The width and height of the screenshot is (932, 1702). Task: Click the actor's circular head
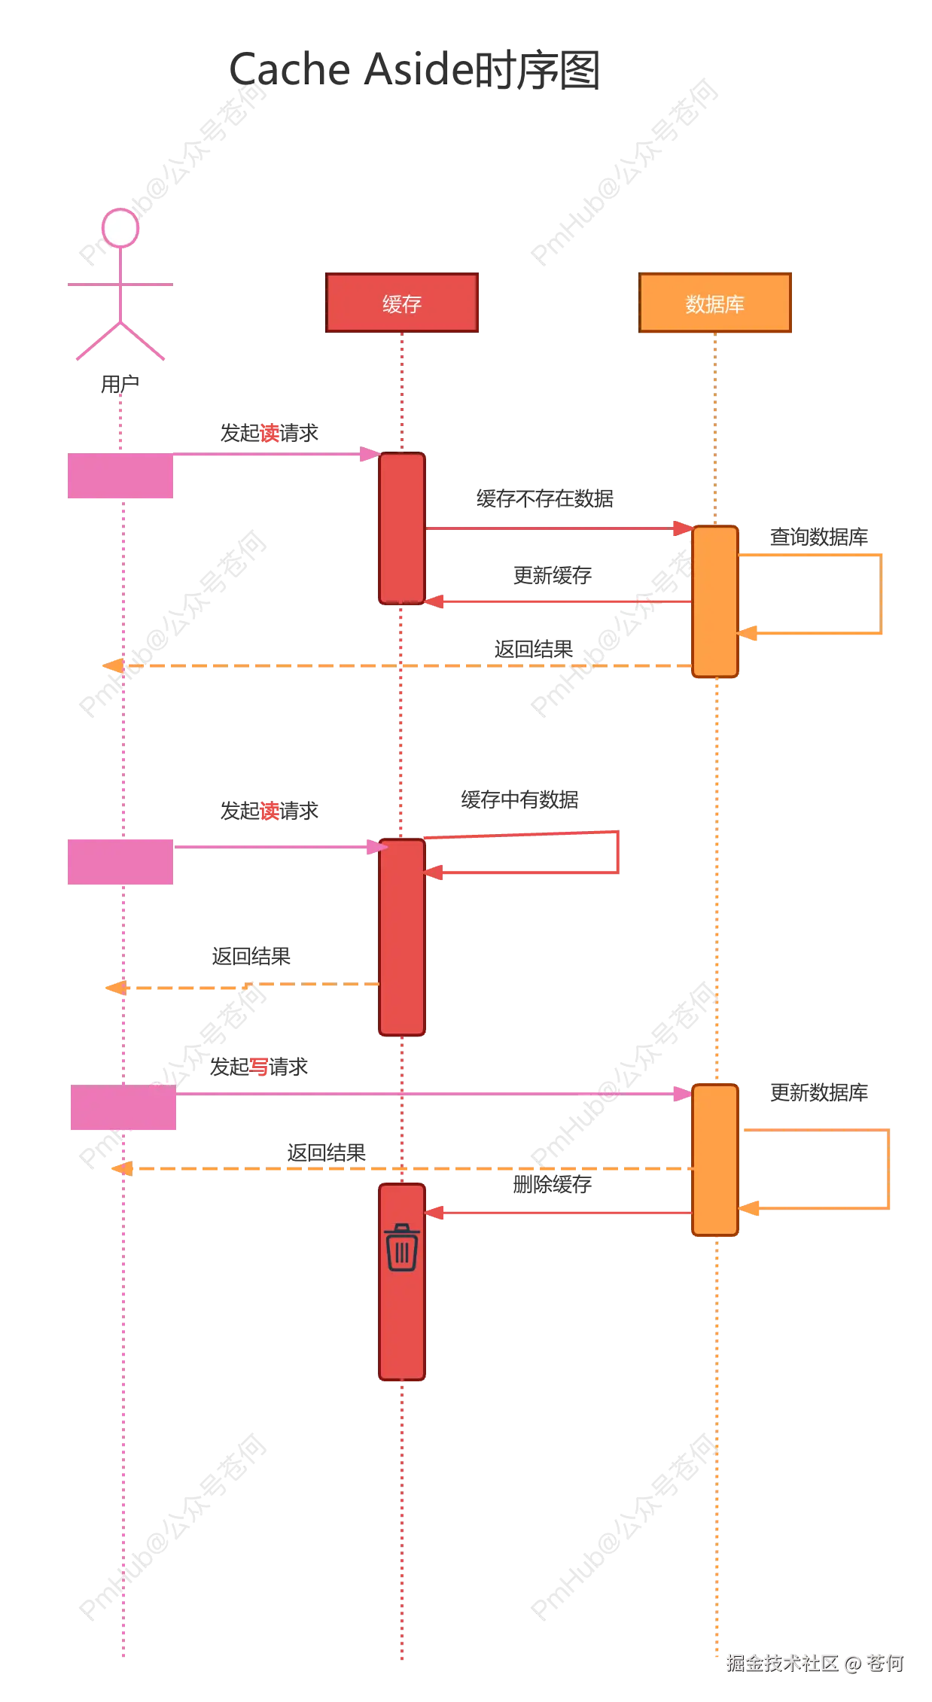tap(120, 227)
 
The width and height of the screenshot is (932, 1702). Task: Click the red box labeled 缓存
tap(402, 303)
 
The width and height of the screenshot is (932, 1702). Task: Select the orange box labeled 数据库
tap(714, 303)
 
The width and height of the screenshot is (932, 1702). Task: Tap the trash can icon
tap(402, 1247)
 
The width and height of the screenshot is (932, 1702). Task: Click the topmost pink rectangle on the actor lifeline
tap(120, 476)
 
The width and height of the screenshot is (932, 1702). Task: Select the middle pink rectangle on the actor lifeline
tap(120, 860)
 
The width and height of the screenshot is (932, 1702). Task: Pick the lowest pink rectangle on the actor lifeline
tap(123, 1107)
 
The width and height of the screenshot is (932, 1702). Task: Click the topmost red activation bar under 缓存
tap(402, 528)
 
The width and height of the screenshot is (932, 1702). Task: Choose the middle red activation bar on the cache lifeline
tap(402, 937)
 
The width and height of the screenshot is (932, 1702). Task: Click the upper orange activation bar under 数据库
tap(714, 601)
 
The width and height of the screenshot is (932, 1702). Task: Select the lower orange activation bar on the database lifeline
tap(714, 1160)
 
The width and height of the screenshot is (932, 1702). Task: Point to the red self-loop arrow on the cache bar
tap(617, 853)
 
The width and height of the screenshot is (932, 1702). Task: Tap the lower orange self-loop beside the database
tap(888, 1168)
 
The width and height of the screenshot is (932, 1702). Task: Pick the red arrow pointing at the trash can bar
tap(557, 1213)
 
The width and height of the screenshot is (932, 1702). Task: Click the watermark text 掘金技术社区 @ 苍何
tap(813, 1662)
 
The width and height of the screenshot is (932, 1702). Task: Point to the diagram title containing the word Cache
tap(415, 69)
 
